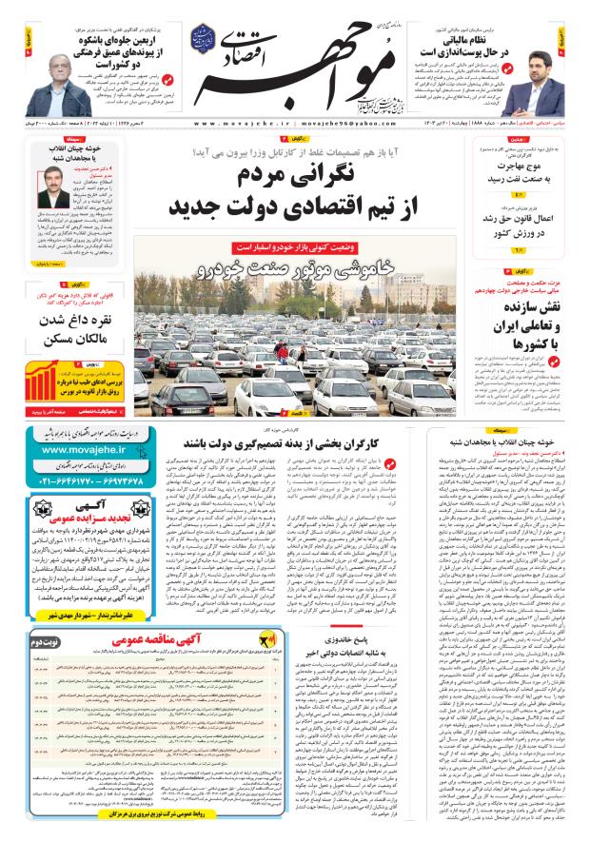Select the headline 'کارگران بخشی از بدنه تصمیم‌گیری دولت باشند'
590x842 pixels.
point(287,443)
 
